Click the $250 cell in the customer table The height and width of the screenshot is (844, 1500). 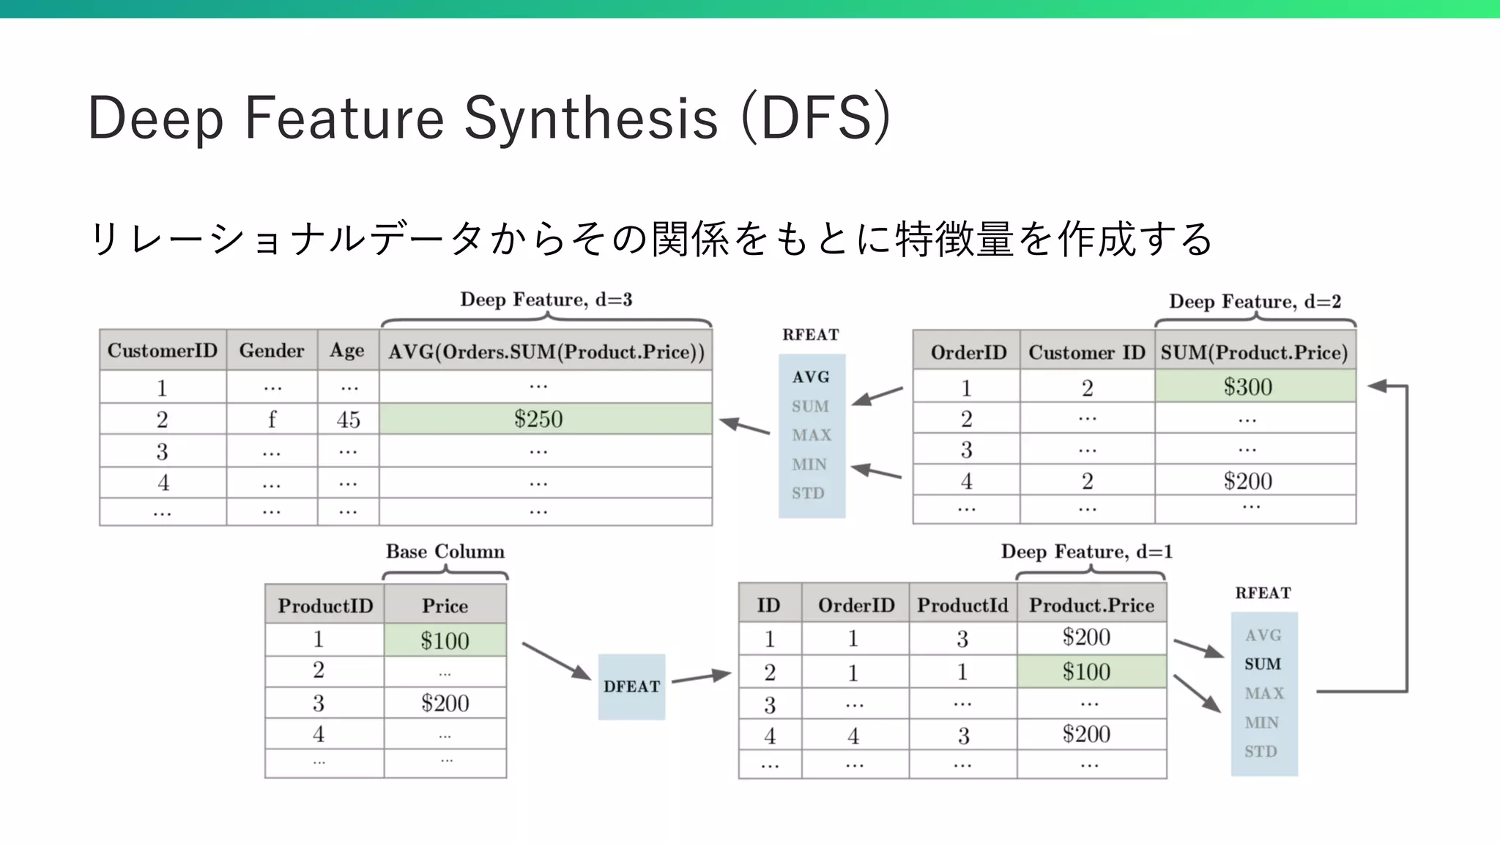tap(538, 419)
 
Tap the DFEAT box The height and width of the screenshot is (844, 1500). tap(631, 686)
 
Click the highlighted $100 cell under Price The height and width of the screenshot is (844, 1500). tap(445, 641)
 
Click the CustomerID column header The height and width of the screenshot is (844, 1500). tap(163, 351)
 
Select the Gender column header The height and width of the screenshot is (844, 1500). tap(272, 351)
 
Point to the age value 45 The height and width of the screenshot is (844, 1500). tap(348, 420)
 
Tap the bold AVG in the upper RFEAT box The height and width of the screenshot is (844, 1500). tap(811, 377)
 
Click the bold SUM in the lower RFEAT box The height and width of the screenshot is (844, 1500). tap(1263, 665)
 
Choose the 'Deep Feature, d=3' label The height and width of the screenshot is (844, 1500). tap(546, 300)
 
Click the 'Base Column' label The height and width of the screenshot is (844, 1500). tap(445, 552)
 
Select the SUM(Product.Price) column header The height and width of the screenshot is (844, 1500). tap(1254, 352)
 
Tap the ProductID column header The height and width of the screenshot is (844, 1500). tap(325, 606)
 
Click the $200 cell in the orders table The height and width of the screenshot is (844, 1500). tap(1247, 481)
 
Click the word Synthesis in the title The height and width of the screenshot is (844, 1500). tap(590, 118)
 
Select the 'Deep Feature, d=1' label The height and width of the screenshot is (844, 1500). tap(1087, 552)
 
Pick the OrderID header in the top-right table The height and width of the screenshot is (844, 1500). tap(968, 352)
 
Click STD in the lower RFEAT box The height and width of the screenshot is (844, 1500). tap(1260, 752)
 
